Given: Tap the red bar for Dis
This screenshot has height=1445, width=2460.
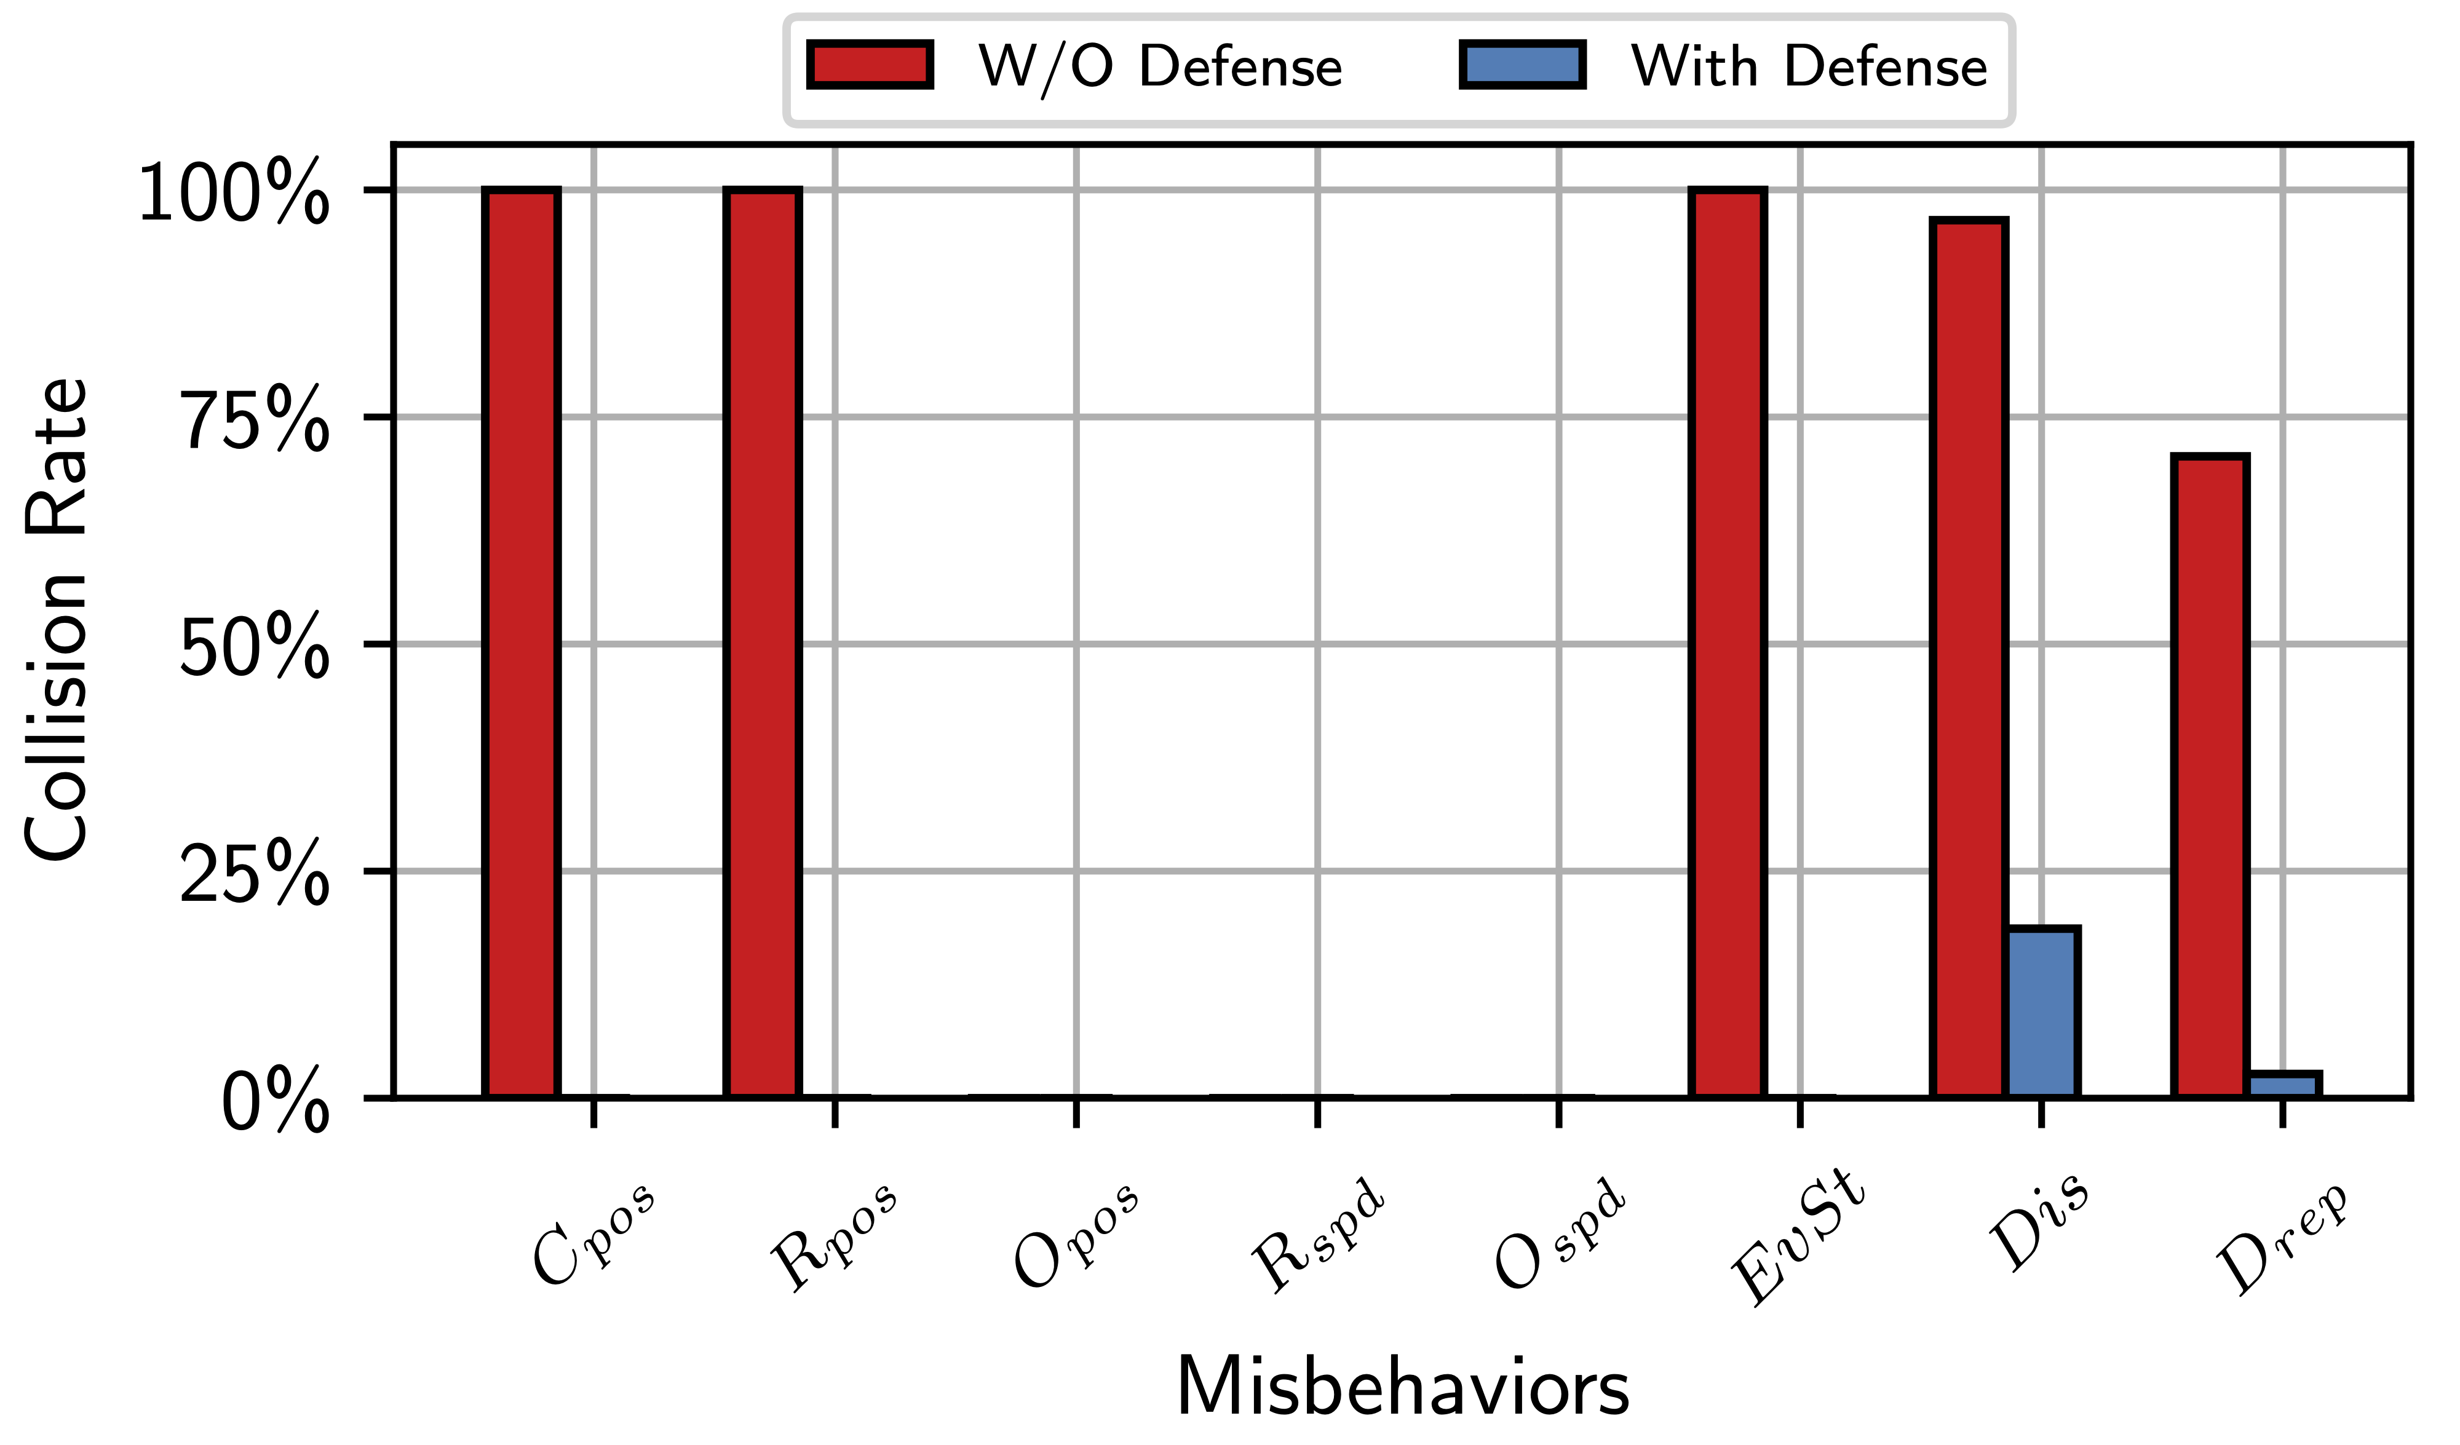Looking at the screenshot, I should click(x=1969, y=659).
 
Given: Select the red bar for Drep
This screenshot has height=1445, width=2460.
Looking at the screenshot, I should click(x=2210, y=776).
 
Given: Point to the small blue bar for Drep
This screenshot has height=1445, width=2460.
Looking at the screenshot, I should click(x=2283, y=1085).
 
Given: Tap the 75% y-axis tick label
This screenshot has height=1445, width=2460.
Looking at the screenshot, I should click(x=255, y=420).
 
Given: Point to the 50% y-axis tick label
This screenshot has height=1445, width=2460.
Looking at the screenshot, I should click(x=255, y=646).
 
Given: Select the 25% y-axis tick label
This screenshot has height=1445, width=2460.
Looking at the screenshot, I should click(x=255, y=874).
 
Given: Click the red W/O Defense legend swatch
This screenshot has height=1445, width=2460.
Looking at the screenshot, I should click(x=870, y=65).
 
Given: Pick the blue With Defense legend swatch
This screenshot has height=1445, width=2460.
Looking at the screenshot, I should click(x=1522, y=65).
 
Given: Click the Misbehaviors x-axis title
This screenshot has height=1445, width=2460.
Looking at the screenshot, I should click(x=1403, y=1387).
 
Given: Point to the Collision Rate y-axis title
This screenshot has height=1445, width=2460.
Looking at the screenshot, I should click(x=57, y=620).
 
